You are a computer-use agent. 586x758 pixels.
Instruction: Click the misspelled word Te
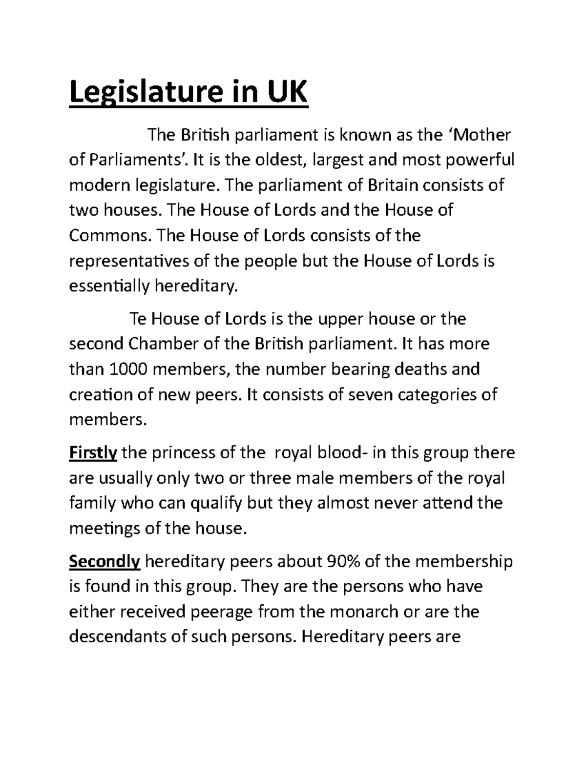click(x=137, y=319)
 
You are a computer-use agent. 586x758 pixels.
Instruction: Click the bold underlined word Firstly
click(x=93, y=453)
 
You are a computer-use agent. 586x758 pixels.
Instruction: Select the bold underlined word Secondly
click(x=105, y=562)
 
